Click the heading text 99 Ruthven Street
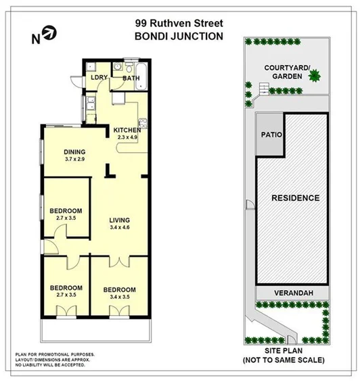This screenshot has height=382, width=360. click(x=179, y=24)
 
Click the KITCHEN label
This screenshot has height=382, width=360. click(x=127, y=130)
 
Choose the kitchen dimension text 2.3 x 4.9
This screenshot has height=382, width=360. click(x=127, y=138)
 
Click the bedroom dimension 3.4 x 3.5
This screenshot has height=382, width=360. click(x=119, y=297)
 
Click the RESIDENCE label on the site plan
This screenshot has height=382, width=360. click(x=295, y=198)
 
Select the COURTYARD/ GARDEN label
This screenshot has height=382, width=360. click(x=286, y=72)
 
